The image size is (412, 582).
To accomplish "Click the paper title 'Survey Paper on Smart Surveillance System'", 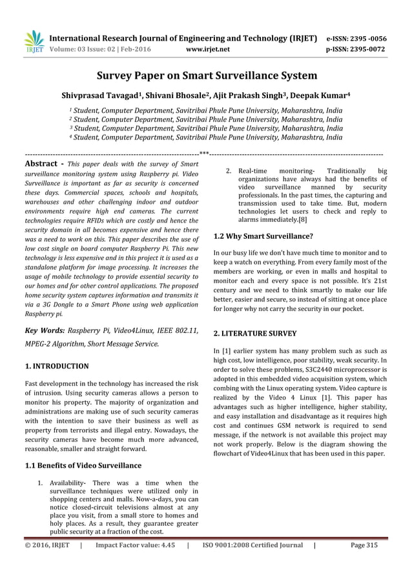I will point(207,76).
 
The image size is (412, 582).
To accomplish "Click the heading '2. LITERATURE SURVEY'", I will point(254,334).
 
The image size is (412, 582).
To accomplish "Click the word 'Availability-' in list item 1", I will point(67,483).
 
